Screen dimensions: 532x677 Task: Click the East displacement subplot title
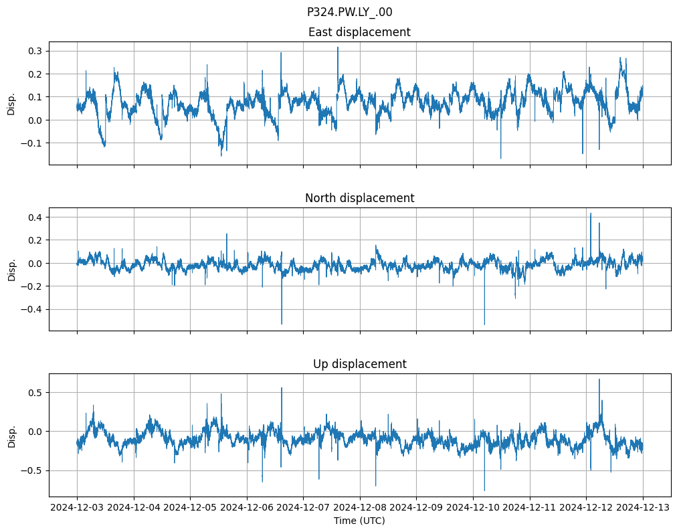click(x=359, y=32)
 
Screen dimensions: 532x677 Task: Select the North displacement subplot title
click(x=359, y=198)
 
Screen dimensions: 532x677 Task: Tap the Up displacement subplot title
click(x=359, y=364)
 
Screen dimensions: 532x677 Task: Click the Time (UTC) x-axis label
click(x=359, y=521)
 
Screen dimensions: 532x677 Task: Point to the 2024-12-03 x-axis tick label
click(x=77, y=508)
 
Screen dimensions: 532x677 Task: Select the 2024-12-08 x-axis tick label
click(x=360, y=508)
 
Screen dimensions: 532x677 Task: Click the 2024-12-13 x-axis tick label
click(x=643, y=508)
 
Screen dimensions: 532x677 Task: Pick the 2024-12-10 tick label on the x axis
click(x=473, y=508)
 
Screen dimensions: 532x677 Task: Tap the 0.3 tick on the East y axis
click(x=35, y=51)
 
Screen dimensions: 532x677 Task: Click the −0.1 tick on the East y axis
click(x=31, y=143)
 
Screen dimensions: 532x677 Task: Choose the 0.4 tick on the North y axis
click(x=35, y=217)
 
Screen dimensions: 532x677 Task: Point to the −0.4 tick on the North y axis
click(x=31, y=309)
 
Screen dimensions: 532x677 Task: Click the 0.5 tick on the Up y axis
click(x=35, y=392)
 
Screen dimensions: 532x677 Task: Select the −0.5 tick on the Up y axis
click(x=31, y=470)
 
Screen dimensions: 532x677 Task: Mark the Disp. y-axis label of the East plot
click(x=11, y=103)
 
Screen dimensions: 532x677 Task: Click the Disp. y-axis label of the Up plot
click(x=11, y=435)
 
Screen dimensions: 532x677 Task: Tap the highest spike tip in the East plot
click(x=338, y=47)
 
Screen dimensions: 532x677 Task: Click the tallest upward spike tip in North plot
click(x=590, y=213)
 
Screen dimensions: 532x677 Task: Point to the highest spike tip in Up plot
click(x=599, y=379)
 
